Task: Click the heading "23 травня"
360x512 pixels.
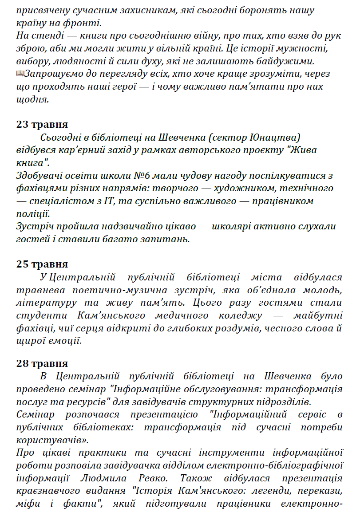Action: point(42,124)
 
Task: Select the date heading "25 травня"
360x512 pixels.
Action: point(42,264)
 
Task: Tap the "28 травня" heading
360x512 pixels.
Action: point(42,364)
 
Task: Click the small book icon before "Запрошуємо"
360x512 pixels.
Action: point(20,73)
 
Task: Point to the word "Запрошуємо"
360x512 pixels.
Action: point(52,74)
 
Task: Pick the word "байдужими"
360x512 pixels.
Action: point(289,61)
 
